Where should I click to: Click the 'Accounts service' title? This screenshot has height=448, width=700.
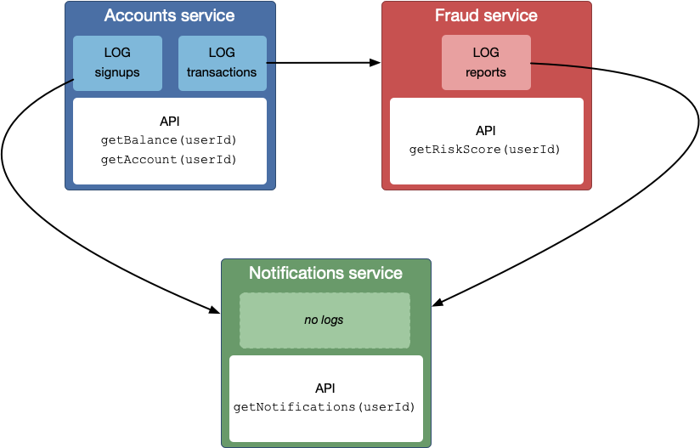pyautogui.click(x=169, y=16)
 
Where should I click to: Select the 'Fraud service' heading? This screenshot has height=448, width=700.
pyautogui.click(x=486, y=16)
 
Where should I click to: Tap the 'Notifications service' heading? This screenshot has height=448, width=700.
pyautogui.click(x=325, y=273)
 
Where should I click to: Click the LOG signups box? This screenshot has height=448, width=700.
pyautogui.click(x=117, y=63)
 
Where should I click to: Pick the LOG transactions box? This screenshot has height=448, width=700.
pyautogui.click(x=222, y=63)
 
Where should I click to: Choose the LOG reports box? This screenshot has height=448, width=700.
pyautogui.click(x=486, y=63)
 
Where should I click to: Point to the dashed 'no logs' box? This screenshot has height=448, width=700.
pyautogui.click(x=325, y=320)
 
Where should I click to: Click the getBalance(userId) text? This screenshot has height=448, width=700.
pyautogui.click(x=169, y=140)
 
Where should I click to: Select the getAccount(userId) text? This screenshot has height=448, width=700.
pyautogui.click(x=169, y=159)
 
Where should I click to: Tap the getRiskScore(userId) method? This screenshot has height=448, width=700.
pyautogui.click(x=485, y=150)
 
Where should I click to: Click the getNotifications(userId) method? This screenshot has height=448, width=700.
pyautogui.click(x=325, y=407)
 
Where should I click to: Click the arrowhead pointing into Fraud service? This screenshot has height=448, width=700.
pyautogui.click(x=375, y=63)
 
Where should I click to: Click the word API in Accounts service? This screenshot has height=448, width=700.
pyautogui.click(x=169, y=121)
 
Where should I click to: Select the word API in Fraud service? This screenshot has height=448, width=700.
pyautogui.click(x=485, y=130)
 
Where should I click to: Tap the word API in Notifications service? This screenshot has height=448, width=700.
pyautogui.click(x=325, y=388)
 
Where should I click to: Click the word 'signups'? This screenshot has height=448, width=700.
pyautogui.click(x=117, y=72)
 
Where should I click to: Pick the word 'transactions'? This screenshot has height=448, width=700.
pyautogui.click(x=222, y=72)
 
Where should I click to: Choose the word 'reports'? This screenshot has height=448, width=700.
pyautogui.click(x=486, y=72)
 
